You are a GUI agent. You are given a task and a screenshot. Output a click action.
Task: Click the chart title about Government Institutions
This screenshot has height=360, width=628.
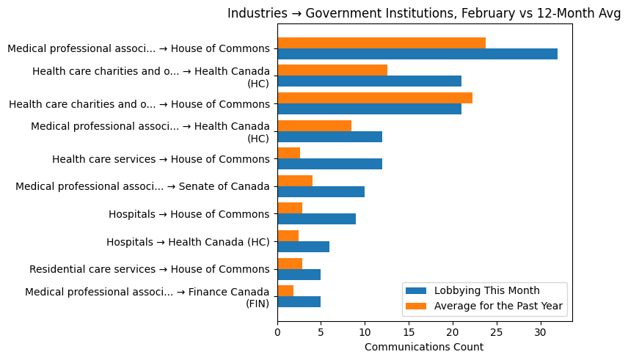click(x=424, y=13)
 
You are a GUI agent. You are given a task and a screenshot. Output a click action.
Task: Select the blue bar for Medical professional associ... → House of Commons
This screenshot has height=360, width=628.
click(x=417, y=54)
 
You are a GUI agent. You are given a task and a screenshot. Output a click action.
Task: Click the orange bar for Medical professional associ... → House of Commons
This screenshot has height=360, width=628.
click(x=381, y=43)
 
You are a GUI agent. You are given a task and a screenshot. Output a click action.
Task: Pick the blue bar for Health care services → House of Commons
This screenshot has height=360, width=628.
click(x=329, y=164)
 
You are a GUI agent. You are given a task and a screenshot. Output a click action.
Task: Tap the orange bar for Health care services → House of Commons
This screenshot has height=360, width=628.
click(x=288, y=153)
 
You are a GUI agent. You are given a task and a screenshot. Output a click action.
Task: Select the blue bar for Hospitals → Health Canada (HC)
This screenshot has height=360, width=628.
click(x=303, y=247)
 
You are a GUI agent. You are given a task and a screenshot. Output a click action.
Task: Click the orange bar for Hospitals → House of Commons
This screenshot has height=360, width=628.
click(x=290, y=208)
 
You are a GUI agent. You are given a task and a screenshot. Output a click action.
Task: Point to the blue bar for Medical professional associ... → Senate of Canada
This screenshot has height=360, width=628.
click(x=321, y=192)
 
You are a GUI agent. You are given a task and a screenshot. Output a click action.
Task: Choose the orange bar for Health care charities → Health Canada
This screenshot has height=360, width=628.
click(x=332, y=70)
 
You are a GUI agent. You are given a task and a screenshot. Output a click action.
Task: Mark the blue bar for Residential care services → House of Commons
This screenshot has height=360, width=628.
click(x=299, y=275)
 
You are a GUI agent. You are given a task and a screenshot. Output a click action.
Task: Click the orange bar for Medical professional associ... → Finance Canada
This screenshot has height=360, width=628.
click(x=285, y=291)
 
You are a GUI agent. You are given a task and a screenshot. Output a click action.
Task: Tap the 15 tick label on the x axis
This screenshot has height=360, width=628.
click(x=409, y=331)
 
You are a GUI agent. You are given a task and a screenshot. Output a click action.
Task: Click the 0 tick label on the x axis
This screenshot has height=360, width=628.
click(x=277, y=331)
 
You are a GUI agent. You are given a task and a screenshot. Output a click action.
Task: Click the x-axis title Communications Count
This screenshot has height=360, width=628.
click(x=424, y=347)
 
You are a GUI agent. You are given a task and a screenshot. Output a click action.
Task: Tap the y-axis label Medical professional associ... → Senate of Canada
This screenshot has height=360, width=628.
click(x=142, y=186)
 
